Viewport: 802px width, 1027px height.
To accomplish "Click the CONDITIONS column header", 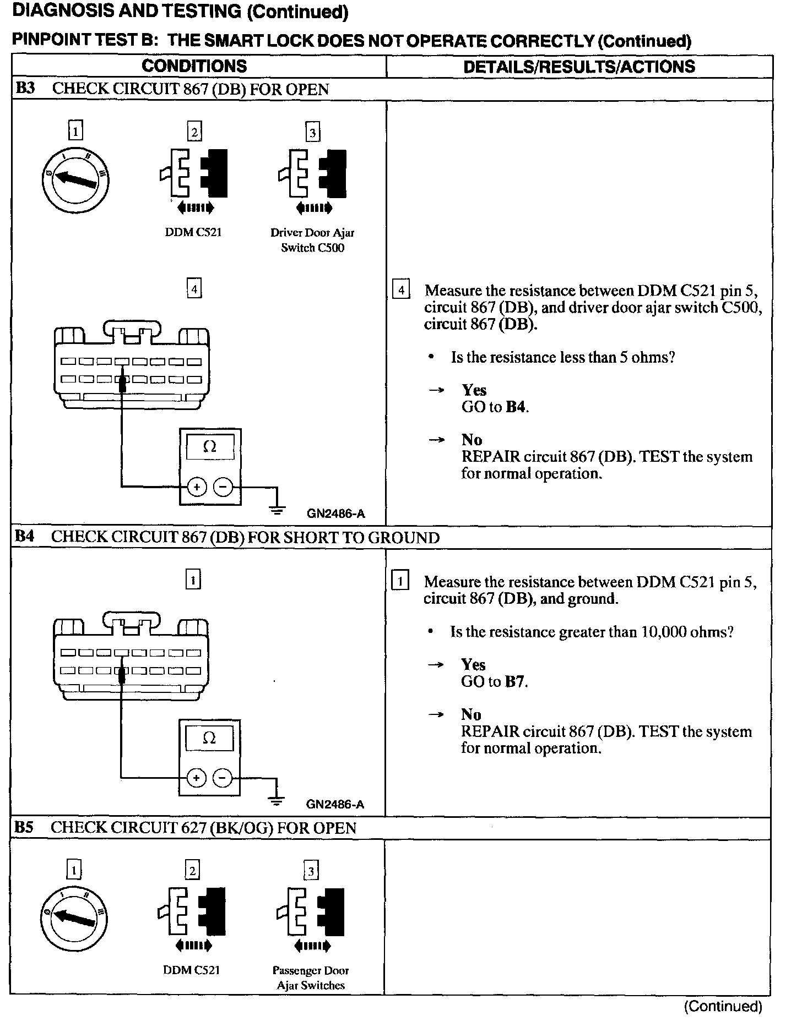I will [x=194, y=66].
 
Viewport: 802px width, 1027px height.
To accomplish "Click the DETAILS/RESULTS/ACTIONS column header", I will [x=579, y=67].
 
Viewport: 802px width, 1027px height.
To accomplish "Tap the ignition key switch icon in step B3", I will [x=75, y=179].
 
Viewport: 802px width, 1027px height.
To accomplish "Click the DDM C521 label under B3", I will [x=193, y=232].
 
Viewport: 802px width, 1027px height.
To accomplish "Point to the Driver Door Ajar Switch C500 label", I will [x=312, y=240].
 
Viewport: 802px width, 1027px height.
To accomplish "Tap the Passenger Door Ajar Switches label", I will [x=311, y=977].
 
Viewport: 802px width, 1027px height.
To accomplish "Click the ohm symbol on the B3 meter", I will [x=210, y=447].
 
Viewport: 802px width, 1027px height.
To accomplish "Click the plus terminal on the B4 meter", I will [x=196, y=778].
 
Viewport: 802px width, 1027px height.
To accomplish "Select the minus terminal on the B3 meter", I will [x=223, y=487].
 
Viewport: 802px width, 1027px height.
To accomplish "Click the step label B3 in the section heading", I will [x=25, y=89].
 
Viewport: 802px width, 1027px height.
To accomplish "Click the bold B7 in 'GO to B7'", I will [x=516, y=682].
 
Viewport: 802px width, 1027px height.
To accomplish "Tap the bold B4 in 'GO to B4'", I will [x=517, y=407].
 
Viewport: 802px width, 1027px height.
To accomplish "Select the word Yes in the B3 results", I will [x=474, y=390].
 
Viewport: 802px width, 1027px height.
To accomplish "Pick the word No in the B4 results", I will [x=471, y=714].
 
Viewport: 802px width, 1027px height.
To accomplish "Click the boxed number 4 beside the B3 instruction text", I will [x=400, y=290].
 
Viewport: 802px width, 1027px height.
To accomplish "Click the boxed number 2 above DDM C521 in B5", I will [x=192, y=871].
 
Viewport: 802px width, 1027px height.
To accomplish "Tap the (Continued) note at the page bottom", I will [x=723, y=1007].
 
